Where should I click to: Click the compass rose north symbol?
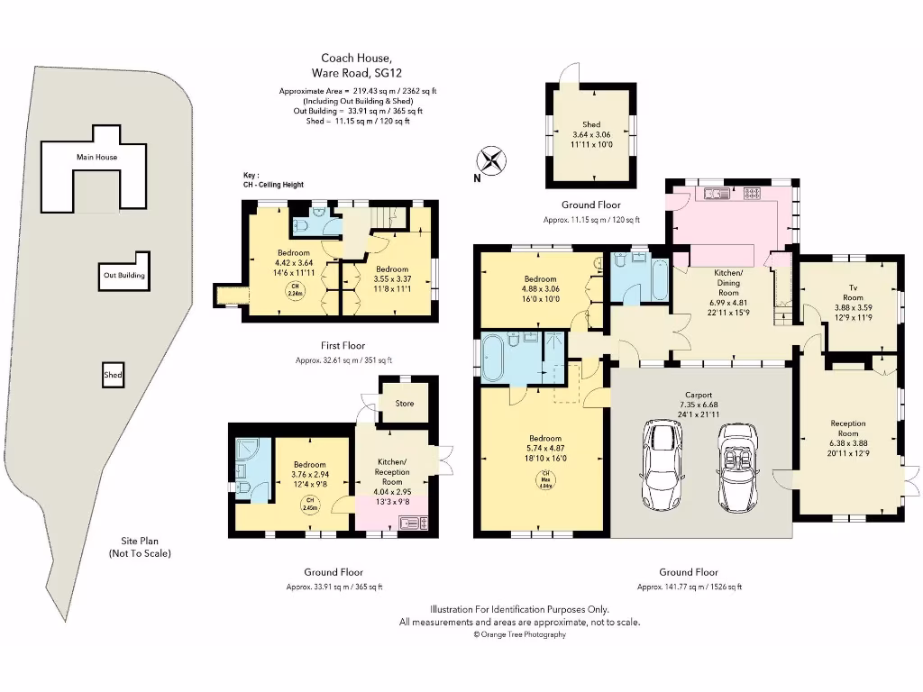[x=492, y=162]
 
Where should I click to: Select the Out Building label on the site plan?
[x=123, y=275]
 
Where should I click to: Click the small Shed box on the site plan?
[x=113, y=375]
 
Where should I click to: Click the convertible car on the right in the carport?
[x=738, y=466]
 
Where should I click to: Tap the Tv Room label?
[x=853, y=292]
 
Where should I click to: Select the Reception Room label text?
[x=847, y=429]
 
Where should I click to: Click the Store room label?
[x=405, y=403]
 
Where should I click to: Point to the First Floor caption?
[x=343, y=345]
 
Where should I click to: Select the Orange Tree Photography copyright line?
[x=520, y=634]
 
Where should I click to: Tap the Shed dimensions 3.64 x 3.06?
[x=590, y=134]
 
